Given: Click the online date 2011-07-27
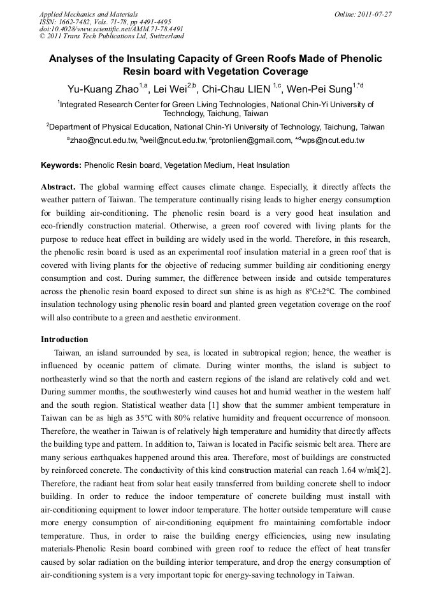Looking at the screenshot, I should coord(377,13).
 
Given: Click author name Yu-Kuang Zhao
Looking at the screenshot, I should coord(104,89).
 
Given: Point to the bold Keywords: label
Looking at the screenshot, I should coord(61,165).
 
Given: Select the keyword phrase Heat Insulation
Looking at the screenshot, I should coord(263,165).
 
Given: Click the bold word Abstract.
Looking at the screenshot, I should coord(59,187).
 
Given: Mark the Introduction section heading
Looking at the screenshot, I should coord(64,339).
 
